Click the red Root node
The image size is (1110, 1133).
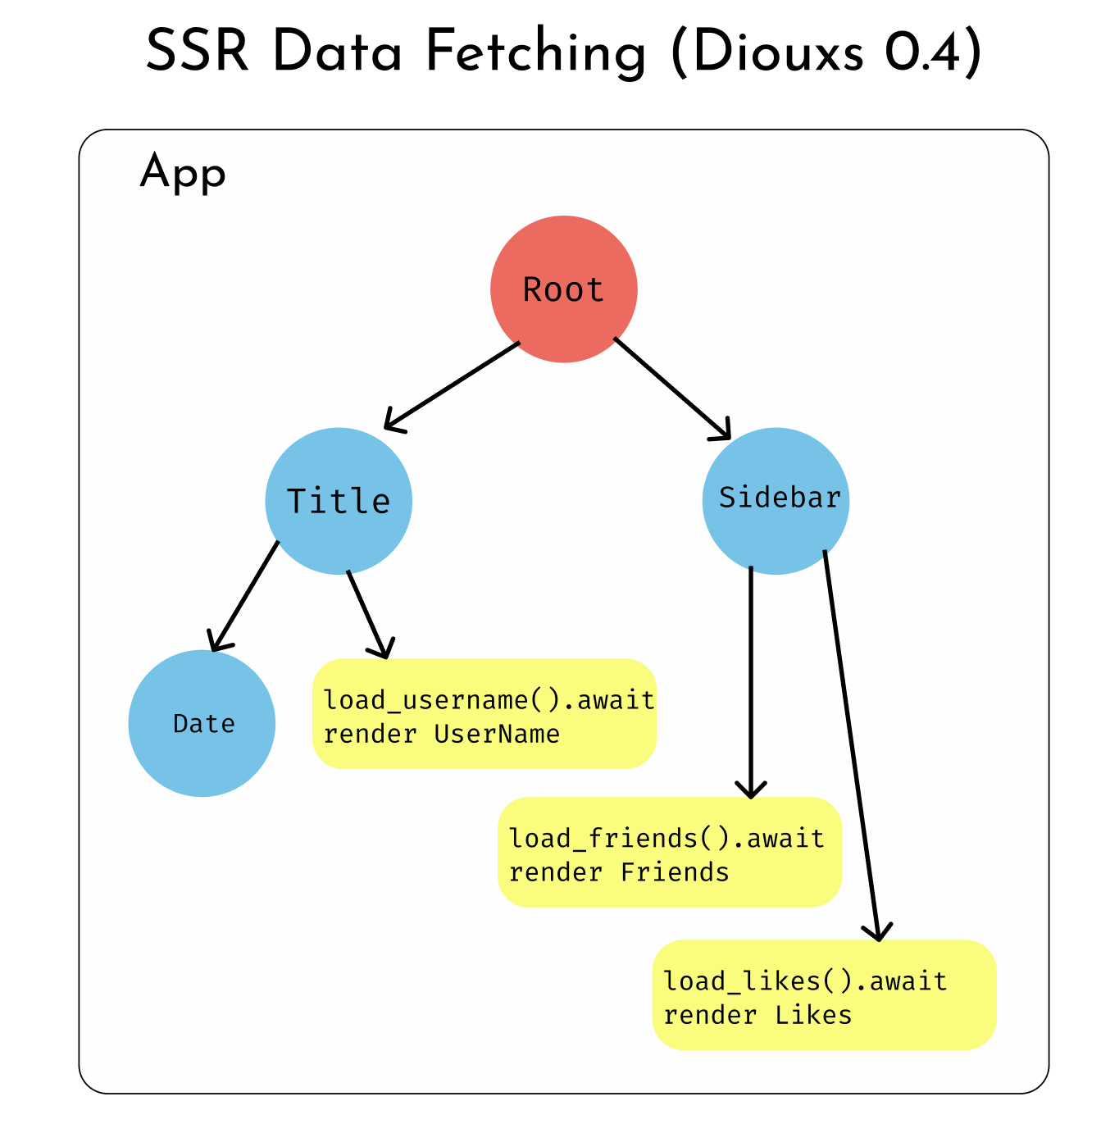pyautogui.click(x=564, y=289)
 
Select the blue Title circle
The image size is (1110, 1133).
pyautogui.click(x=339, y=501)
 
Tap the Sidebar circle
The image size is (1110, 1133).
pyautogui.click(x=776, y=501)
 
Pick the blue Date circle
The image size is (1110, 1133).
pyautogui.click(x=202, y=723)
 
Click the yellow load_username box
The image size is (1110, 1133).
pyautogui.click(x=484, y=714)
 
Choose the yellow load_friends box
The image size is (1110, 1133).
pyautogui.click(x=670, y=853)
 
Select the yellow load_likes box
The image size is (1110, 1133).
pyautogui.click(x=824, y=995)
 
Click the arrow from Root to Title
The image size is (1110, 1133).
pyautogui.click(x=452, y=385)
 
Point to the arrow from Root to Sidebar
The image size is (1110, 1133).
pyautogui.click(x=672, y=389)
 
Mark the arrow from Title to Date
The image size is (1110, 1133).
pyautogui.click(x=245, y=596)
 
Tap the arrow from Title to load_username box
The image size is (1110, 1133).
pyautogui.click(x=367, y=614)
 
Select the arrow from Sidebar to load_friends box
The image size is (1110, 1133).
pyautogui.click(x=751, y=680)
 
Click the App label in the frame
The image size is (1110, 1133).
pyautogui.click(x=183, y=173)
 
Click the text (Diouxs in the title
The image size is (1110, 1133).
pyautogui.click(x=767, y=53)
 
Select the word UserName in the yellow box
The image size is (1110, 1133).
pyautogui.click(x=497, y=734)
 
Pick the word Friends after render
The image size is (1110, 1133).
pyautogui.click(x=675, y=872)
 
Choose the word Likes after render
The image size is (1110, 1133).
pyautogui.click(x=814, y=1016)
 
